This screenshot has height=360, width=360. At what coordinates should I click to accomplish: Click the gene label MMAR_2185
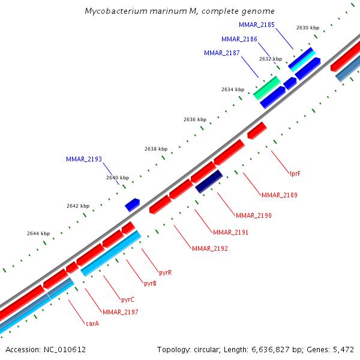[x=257, y=25]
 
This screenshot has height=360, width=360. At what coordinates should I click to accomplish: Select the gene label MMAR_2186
[x=239, y=39]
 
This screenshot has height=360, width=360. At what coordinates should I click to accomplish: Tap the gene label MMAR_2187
[x=222, y=53]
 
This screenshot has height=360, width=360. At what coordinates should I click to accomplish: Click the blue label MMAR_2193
[x=84, y=159]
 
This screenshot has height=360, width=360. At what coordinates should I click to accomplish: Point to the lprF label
[x=295, y=173]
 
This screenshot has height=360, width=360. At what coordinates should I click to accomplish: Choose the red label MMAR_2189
[x=280, y=195]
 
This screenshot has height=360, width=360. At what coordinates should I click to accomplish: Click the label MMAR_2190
[x=254, y=215]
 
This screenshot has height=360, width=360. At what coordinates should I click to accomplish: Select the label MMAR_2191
[x=230, y=232]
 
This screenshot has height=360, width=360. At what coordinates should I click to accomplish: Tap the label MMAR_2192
[x=210, y=248]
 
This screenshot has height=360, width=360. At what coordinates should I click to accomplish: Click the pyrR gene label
[x=166, y=272]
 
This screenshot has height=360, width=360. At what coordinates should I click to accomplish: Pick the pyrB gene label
[x=150, y=283]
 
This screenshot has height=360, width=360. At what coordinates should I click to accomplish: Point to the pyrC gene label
[x=127, y=299]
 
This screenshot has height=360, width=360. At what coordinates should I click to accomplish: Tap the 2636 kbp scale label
[x=195, y=119]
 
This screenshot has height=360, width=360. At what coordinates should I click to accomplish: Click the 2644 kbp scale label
[x=38, y=233]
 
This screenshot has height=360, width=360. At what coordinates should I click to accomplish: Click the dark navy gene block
[x=209, y=181]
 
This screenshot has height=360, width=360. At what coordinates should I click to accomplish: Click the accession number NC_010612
[x=46, y=349]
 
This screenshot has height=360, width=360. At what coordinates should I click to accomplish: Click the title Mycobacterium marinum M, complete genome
[x=180, y=11]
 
